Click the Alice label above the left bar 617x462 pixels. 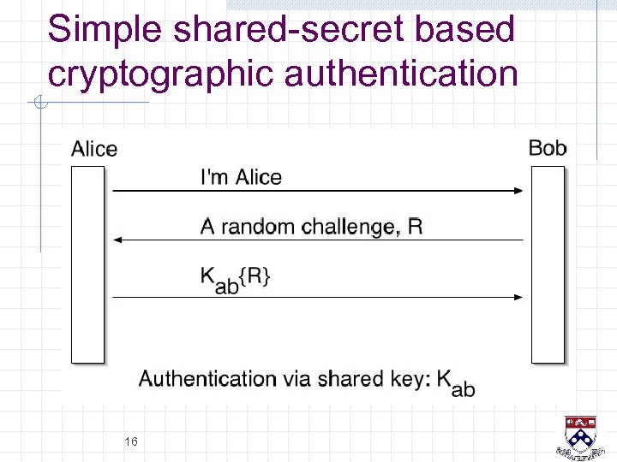(94, 149)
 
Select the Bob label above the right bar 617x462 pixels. (548, 148)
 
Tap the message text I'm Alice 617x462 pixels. (241, 177)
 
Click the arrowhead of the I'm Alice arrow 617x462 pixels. (518, 190)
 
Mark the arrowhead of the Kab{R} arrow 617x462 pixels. (518, 297)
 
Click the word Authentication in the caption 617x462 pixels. (207, 378)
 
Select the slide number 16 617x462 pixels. (131, 441)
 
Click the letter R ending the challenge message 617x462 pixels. (415, 227)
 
